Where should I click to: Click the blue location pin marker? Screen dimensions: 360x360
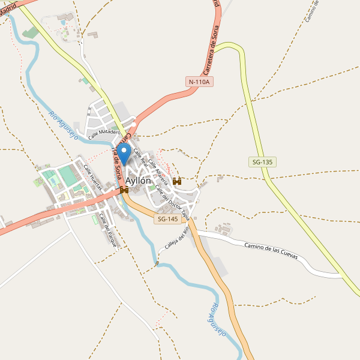pyautogui.click(x=124, y=152)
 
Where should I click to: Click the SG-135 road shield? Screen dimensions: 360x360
pyautogui.click(x=261, y=162)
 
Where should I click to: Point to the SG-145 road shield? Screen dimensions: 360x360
pyautogui.click(x=167, y=220)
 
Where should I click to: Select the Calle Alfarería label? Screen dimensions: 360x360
pyautogui.click(x=158, y=171)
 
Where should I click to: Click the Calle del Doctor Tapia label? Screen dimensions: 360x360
pyautogui.click(x=172, y=202)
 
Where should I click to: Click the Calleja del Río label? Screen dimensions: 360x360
pyautogui.click(x=177, y=238)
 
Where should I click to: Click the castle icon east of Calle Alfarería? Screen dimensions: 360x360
pyautogui.click(x=177, y=181)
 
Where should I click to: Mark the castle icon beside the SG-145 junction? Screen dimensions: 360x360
pyautogui.click(x=124, y=190)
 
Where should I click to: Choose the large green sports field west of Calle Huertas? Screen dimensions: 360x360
pyautogui.click(x=68, y=176)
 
